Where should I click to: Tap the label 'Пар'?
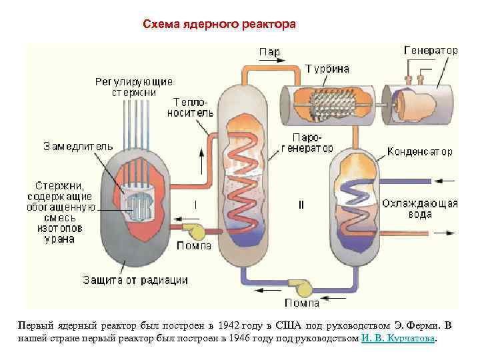[x=269, y=52]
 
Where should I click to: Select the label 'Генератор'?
[x=431, y=50]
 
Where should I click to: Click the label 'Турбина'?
[x=327, y=69]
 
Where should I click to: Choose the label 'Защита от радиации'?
[x=135, y=280]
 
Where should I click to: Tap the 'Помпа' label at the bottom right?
[x=302, y=303]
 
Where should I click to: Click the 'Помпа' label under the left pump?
[x=194, y=246]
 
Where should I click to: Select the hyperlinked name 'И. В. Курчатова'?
[x=399, y=338]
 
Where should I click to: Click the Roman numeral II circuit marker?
[x=301, y=205]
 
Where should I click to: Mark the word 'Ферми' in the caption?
[x=422, y=325]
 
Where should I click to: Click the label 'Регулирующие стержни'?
[x=133, y=87]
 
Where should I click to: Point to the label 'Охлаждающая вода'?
[x=420, y=209]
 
